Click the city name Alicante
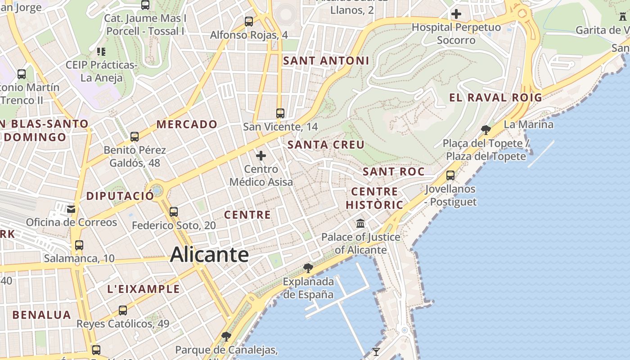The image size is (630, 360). click(209, 255)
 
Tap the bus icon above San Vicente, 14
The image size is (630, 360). click(280, 113)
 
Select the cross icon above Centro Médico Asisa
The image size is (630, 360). click(261, 156)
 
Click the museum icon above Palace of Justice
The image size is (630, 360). click(360, 223)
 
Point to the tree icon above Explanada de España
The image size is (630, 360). click(308, 268)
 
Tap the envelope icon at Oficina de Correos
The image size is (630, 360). click(71, 209)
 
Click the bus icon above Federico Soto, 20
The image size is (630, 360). click(174, 211)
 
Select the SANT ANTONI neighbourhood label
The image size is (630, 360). click(326, 61)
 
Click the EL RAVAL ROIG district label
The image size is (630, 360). click(495, 97)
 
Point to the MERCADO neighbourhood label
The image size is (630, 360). click(187, 124)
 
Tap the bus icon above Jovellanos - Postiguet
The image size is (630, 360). click(450, 175)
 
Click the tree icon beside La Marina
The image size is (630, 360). click(486, 130)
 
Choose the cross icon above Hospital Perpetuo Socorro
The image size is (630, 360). click(456, 14)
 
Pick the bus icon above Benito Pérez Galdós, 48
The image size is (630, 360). click(134, 136)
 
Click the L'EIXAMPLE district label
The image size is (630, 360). click(144, 289)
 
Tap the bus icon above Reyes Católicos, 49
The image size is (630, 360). click(123, 310)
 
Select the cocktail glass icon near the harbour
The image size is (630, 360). click(376, 351)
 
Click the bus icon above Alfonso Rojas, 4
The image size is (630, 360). click(249, 21)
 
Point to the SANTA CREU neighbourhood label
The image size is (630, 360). click(326, 145)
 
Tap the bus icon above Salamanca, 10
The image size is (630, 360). click(79, 245)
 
